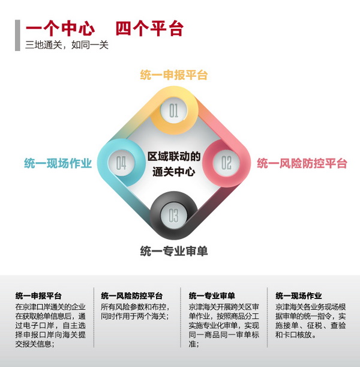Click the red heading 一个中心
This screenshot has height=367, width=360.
point(60,29)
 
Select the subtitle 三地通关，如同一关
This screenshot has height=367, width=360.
point(67,45)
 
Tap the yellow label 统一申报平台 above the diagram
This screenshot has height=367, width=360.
point(173,76)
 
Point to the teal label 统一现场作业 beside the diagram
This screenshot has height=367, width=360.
point(58,163)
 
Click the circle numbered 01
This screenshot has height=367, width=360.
point(173,110)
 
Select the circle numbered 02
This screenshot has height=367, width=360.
point(226,163)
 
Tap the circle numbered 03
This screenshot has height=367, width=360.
point(173,214)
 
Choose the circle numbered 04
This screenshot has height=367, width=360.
point(121,163)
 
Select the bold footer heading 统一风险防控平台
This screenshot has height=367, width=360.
point(131,296)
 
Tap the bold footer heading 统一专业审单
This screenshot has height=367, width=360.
point(212,296)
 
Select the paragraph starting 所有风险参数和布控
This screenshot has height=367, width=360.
point(135,312)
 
